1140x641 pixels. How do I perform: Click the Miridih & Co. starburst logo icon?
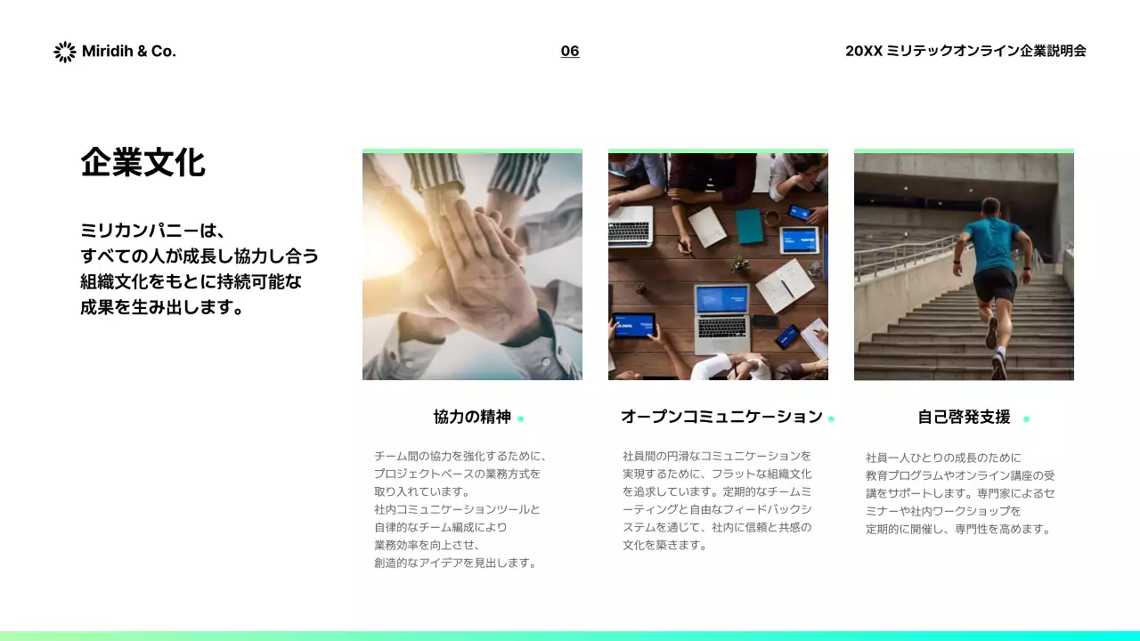64,52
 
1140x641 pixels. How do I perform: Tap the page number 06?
570,52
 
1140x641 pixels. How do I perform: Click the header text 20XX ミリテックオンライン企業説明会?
965,52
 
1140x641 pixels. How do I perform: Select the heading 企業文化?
142,164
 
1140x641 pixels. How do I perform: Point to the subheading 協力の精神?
472,417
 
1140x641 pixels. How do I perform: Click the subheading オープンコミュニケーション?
721,417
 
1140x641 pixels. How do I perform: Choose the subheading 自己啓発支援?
964,417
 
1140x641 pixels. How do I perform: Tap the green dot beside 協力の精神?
521,419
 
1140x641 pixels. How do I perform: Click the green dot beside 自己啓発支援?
1026,419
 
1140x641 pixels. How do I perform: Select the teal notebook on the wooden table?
749,226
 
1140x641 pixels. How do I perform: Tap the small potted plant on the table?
739,264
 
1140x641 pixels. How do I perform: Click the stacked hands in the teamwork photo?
472,258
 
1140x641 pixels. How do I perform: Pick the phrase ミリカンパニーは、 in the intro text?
149,231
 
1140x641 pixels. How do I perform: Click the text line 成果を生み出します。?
162,308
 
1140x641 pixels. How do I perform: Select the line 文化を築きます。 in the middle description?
664,545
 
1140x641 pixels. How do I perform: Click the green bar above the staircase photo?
964,151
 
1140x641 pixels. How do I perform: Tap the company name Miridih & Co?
128,52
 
